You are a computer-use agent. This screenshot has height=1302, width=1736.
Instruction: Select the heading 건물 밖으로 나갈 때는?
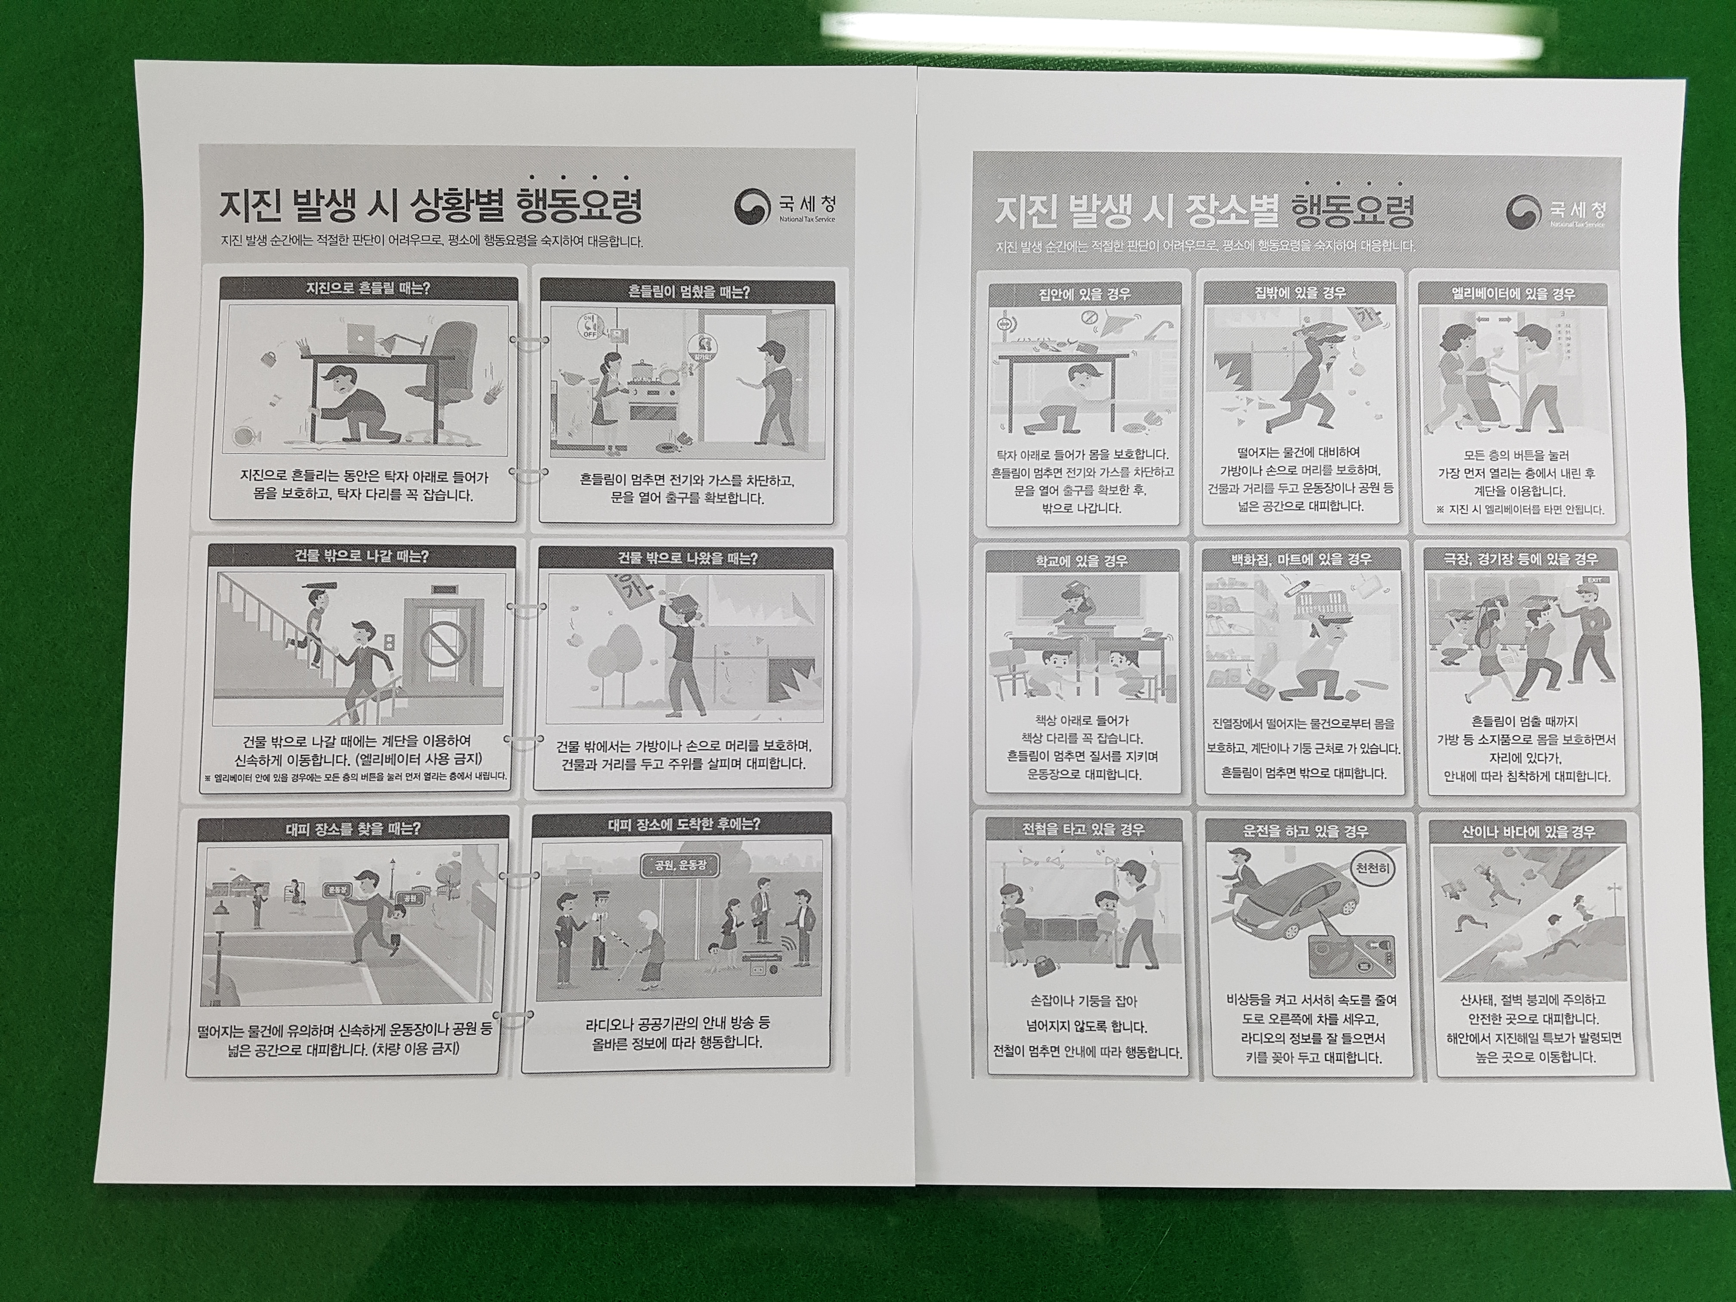point(362,556)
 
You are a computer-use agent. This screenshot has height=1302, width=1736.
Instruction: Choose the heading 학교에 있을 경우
point(1082,560)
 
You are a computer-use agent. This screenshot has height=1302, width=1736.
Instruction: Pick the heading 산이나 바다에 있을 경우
point(1527,831)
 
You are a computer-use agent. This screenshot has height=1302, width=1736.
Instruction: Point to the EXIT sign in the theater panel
point(1592,580)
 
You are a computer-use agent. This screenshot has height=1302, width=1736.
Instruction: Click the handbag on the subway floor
point(1043,964)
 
